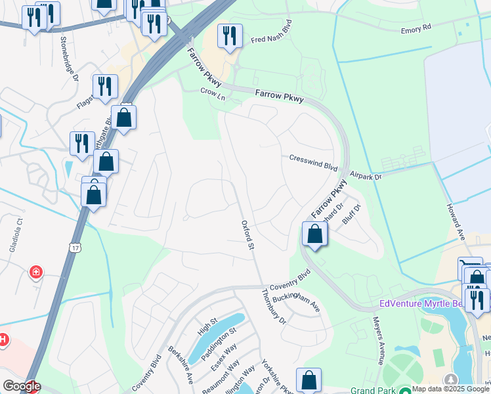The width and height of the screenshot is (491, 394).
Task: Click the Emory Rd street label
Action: (417, 29)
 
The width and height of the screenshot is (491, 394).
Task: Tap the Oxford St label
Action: (247, 235)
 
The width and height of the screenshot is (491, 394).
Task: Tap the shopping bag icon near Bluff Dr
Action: (315, 233)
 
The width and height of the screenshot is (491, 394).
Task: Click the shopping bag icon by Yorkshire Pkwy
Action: (309, 380)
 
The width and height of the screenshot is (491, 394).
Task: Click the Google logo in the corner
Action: (21, 387)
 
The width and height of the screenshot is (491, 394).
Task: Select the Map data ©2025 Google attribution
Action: (450, 389)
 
